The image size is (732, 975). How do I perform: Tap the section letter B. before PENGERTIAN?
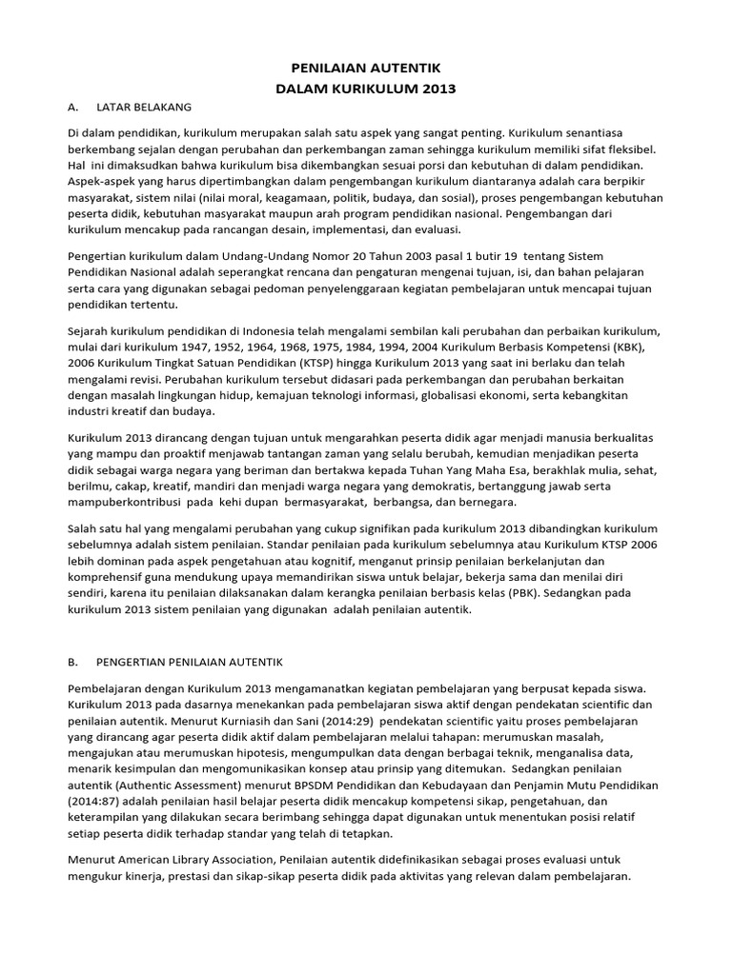[74, 660]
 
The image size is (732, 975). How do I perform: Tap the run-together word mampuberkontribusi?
[123, 502]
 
